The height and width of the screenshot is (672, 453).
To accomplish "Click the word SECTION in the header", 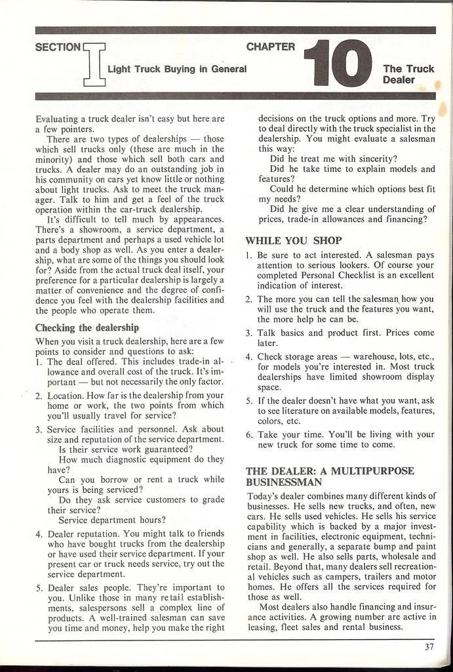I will (x=57, y=47).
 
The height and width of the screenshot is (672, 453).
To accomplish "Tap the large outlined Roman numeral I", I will (x=94, y=64).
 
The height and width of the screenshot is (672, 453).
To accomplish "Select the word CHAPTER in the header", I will (x=271, y=47).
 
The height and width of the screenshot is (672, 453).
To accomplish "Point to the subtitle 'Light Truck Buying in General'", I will (x=177, y=69).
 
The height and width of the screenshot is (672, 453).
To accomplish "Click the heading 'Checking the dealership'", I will (x=87, y=327).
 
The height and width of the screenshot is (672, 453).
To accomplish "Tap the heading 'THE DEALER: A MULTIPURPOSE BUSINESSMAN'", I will (x=329, y=476).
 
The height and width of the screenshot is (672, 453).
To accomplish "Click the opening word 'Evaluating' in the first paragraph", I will (x=58, y=119).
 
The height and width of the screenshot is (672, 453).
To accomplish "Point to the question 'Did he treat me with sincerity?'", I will (x=334, y=158).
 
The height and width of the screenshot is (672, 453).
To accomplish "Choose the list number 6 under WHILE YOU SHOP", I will (x=249, y=434).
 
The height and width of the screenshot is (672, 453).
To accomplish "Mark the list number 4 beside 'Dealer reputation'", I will (x=39, y=534).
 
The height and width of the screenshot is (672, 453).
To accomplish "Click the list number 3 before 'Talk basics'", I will (x=249, y=333).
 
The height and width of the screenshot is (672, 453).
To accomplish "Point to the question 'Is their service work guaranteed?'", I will (x=125, y=450).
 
